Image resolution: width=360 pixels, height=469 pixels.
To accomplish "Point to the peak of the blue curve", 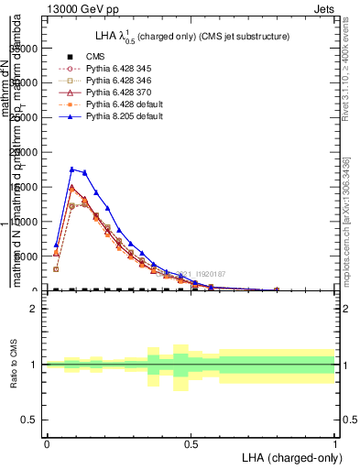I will (71, 169).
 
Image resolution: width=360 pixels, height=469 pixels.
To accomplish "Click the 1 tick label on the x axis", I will (335, 445).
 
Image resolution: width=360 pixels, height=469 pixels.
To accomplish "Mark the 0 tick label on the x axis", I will (47, 445).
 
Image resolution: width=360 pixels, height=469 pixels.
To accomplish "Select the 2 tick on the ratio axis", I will (32, 309).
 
